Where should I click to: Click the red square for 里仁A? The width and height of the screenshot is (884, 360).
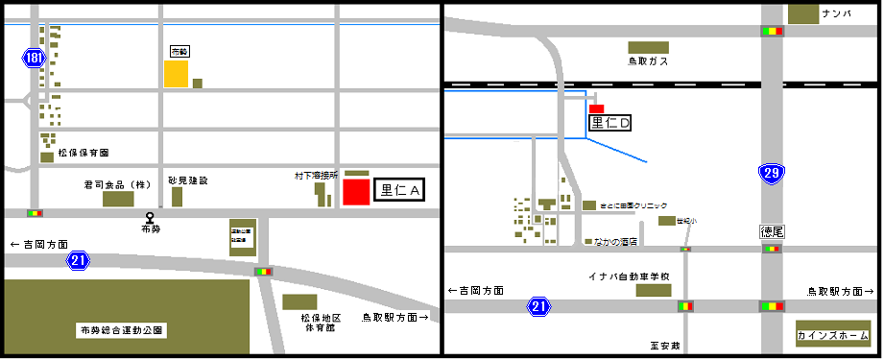click(x=356, y=191)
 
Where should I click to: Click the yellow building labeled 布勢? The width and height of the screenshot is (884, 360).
click(x=176, y=74)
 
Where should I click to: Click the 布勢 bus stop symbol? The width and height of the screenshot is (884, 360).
click(x=149, y=218)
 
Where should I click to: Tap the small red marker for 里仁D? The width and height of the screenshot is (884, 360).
click(x=596, y=108)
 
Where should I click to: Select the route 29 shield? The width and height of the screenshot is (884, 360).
click(x=771, y=174)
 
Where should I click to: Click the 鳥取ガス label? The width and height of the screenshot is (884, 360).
click(x=648, y=61)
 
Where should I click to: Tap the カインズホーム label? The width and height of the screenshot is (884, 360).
click(x=830, y=337)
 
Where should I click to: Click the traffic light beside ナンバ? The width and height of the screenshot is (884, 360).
click(x=772, y=31)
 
